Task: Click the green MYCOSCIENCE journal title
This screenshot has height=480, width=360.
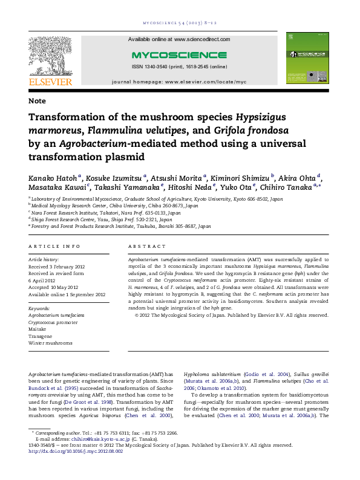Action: click(178, 54)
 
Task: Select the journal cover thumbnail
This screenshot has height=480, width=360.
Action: click(306, 58)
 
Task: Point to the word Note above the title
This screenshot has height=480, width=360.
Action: click(36, 100)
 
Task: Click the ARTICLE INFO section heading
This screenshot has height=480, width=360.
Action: click(54, 247)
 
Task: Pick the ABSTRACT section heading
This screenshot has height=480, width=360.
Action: click(146, 247)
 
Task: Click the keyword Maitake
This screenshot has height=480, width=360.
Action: click(38, 329)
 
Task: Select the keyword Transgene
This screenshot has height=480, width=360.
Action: click(41, 336)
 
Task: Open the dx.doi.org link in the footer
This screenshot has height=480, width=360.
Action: click(76, 451)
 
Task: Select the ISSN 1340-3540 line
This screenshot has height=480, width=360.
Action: click(179, 66)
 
